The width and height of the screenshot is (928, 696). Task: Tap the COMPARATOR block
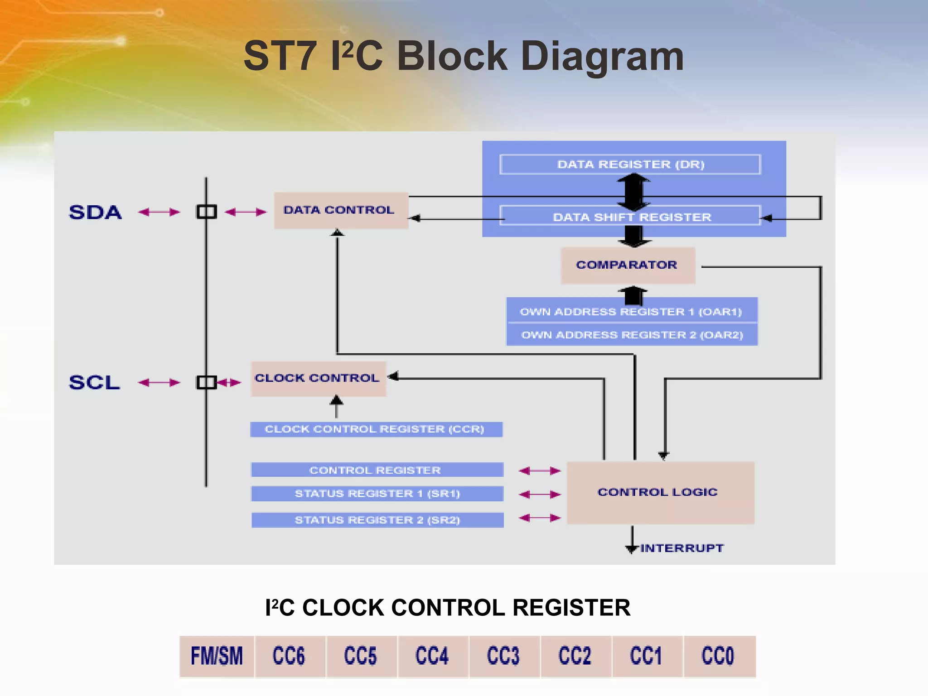point(628,266)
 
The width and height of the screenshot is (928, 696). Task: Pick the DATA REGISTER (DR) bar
point(630,164)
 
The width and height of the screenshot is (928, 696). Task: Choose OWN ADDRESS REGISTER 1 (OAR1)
point(631,312)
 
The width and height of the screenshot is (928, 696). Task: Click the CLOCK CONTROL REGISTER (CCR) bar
point(376,429)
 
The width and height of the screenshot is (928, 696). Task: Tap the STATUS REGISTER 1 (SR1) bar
point(377,493)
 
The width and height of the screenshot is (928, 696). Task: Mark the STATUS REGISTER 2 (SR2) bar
point(377,520)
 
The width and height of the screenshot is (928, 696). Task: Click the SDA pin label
point(95,212)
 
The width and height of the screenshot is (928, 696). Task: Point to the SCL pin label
point(94,382)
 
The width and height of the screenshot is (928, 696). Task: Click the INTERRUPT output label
point(681,548)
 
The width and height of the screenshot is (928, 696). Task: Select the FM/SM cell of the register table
point(217,656)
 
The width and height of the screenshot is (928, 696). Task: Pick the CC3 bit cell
point(504,656)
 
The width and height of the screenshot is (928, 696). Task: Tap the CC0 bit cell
point(718,656)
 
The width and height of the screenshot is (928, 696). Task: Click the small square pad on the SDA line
point(207,212)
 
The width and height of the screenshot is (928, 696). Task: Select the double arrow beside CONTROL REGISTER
point(539,471)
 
